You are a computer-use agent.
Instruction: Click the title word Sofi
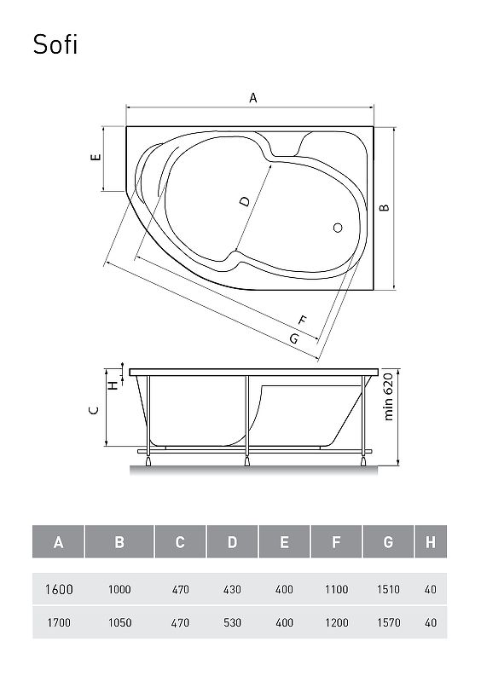point(55,44)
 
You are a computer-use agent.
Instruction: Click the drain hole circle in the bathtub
point(338,228)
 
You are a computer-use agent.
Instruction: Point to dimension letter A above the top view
point(253,98)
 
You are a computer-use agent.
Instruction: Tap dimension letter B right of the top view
point(385,207)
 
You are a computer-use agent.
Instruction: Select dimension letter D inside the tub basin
point(245,201)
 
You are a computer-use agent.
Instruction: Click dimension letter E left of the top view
point(96,157)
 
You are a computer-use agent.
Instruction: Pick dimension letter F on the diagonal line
point(302,321)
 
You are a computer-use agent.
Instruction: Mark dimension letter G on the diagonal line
point(294,338)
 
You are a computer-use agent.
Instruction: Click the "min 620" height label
point(388,396)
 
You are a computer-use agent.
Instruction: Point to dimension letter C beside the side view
point(94,410)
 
